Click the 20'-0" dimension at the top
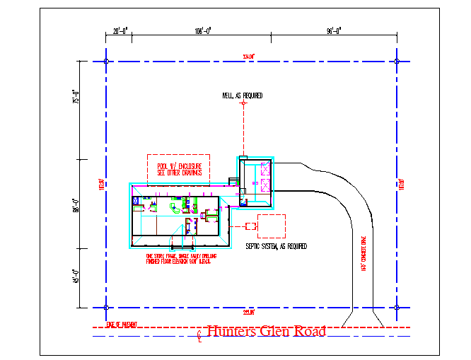coord(120,30)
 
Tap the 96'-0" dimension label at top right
coord(334,30)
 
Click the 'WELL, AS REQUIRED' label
coord(242,95)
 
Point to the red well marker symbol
coord(244,104)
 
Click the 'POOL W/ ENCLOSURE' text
coord(178,166)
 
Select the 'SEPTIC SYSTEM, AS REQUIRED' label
coord(276,246)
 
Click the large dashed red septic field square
coord(271,226)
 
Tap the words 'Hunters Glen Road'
coord(266,331)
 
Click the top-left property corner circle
coord(106,62)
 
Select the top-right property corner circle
coord(397,62)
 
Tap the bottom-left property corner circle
coord(106,308)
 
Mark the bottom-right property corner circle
coord(397,308)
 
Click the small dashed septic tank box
coord(250,226)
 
